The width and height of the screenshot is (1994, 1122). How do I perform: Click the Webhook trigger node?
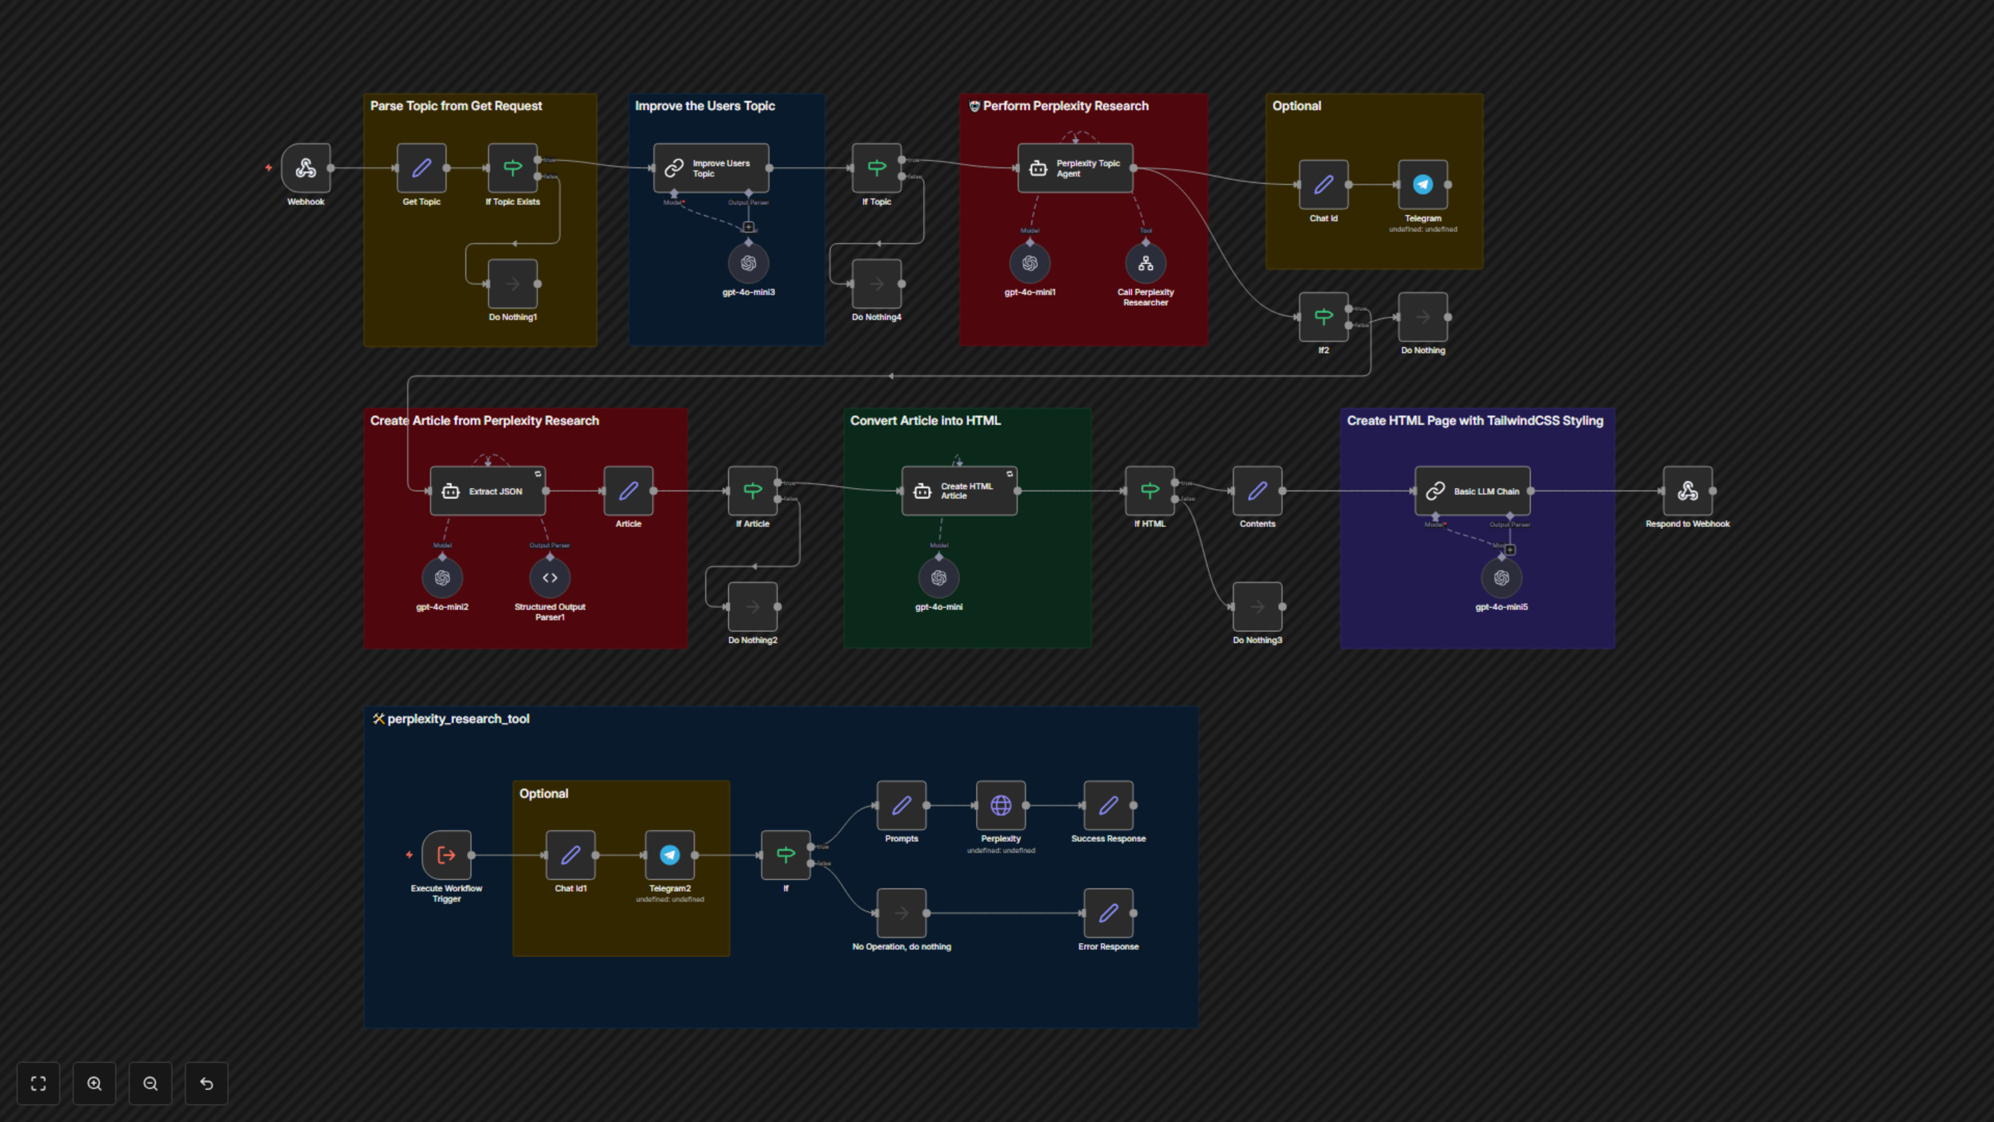[306, 168]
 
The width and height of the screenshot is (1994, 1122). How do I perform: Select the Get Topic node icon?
[421, 168]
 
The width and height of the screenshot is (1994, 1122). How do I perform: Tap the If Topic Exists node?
[513, 168]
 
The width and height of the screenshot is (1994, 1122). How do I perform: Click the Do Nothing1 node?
[513, 284]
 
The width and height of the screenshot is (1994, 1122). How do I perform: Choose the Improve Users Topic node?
[710, 168]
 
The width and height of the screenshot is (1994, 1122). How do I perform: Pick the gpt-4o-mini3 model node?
[748, 264]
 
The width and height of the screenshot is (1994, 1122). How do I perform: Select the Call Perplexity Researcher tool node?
[1146, 264]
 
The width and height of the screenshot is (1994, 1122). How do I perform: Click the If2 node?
[1324, 317]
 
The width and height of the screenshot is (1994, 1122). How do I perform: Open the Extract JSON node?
[488, 491]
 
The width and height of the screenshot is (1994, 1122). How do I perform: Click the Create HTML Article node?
[959, 491]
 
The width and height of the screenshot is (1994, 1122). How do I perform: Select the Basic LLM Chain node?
[1472, 491]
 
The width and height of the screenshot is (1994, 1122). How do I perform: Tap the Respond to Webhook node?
[1688, 491]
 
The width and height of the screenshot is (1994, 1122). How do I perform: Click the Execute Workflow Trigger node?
[447, 855]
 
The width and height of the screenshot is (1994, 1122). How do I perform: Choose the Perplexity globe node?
[1001, 805]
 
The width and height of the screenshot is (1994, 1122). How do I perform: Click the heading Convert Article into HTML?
[925, 420]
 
